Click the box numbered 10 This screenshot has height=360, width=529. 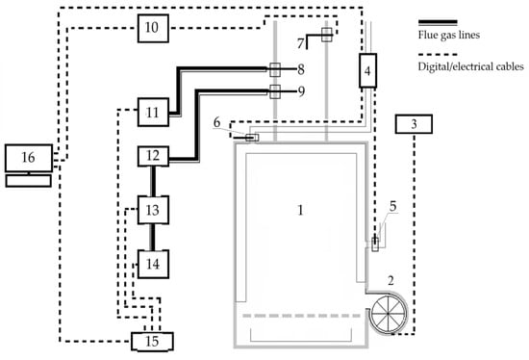tap(153, 28)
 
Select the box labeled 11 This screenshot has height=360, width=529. tap(153, 112)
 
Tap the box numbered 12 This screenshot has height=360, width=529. tap(153, 156)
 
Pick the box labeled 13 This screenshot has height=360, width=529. tap(153, 210)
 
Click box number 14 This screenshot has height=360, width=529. tap(153, 264)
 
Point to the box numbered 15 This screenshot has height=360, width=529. tap(152, 342)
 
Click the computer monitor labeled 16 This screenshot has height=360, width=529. tap(29, 158)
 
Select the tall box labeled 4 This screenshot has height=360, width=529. tap(367, 70)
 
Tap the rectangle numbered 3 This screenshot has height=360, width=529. tap(414, 124)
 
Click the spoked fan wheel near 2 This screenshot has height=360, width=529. tap(388, 314)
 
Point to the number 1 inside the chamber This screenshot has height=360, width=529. tap(300, 210)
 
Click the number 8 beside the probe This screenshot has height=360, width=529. tap(301, 69)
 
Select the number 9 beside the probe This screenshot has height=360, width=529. tap(301, 91)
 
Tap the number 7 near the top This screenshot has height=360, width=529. tap(300, 43)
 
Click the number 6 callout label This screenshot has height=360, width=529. tap(217, 122)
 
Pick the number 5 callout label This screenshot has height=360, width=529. tap(392, 206)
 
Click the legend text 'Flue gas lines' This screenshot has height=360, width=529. tap(449, 35)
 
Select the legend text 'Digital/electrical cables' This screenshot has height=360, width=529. tap(471, 66)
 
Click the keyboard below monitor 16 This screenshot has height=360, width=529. tap(29, 181)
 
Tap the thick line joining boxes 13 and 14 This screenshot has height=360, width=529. tap(153, 237)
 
